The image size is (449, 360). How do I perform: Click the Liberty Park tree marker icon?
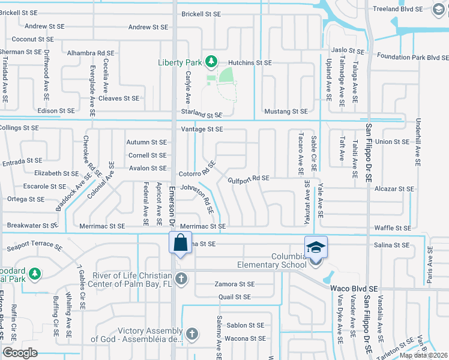[211, 61]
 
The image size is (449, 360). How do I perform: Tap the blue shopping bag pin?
[180, 244]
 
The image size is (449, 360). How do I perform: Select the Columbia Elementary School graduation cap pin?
[315, 247]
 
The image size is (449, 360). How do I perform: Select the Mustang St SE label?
[286, 112]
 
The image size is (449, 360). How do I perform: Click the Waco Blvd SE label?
[354, 288]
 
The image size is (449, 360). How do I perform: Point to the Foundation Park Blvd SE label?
[413, 57]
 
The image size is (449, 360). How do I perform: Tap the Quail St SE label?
[235, 296]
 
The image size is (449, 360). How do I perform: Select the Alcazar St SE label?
[394, 189]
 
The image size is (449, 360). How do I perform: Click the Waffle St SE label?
[393, 228]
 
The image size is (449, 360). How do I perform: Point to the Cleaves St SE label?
[119, 98]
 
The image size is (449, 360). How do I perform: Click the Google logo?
[20, 353]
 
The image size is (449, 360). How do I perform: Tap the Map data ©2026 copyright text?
[423, 355]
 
